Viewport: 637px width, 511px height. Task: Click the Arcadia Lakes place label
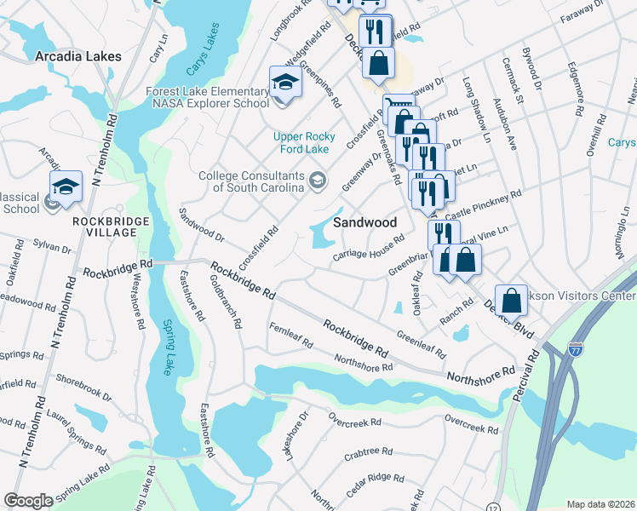pos(78,56)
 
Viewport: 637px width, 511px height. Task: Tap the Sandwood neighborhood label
pos(364,221)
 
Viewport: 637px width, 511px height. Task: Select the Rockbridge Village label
pos(106,227)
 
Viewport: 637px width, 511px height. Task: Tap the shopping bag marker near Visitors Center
pos(510,299)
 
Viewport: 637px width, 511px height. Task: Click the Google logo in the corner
pos(28,501)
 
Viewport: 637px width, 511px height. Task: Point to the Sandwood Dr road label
pos(202,224)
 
